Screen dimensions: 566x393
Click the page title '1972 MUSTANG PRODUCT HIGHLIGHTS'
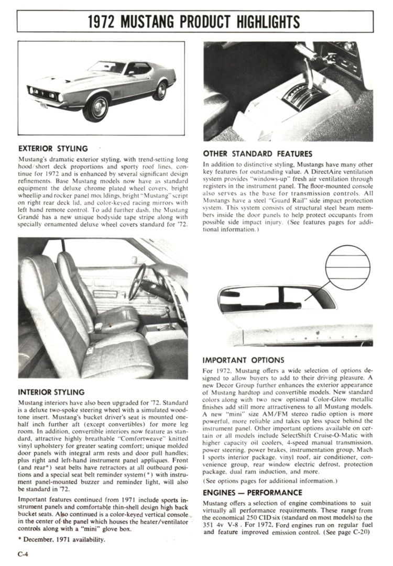click(194, 21)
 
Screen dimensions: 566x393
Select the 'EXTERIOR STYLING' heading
click(53, 149)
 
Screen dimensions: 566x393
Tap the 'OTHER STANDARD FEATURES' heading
click(257, 154)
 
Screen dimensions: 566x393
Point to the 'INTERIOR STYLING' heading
click(51, 391)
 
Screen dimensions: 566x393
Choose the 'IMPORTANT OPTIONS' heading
click(244, 360)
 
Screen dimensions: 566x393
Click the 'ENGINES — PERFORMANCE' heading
click(252, 492)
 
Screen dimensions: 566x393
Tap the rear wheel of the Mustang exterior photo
click(159, 90)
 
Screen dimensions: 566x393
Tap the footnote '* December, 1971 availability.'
click(61, 540)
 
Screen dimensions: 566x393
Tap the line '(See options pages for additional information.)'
click(270, 481)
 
